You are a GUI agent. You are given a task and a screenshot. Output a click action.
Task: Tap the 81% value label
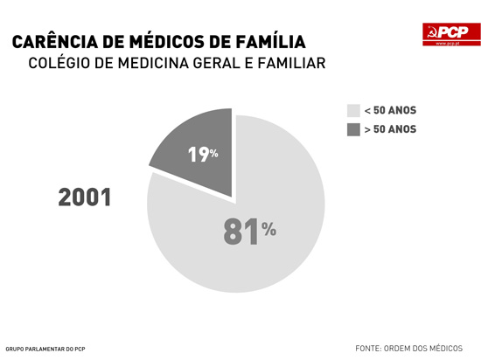[249, 231]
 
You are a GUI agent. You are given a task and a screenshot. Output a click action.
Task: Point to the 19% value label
[203, 155]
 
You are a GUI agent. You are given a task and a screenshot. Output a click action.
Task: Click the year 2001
[85, 197]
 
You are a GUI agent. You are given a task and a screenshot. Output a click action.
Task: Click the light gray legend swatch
[353, 110]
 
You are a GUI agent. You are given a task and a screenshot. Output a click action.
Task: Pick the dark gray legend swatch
[353, 129]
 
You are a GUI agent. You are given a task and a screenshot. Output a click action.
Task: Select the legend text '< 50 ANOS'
[390, 110]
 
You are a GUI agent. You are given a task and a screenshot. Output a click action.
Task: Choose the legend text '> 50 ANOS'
[390, 129]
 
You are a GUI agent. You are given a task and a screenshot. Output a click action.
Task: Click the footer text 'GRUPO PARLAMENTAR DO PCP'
[45, 348]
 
